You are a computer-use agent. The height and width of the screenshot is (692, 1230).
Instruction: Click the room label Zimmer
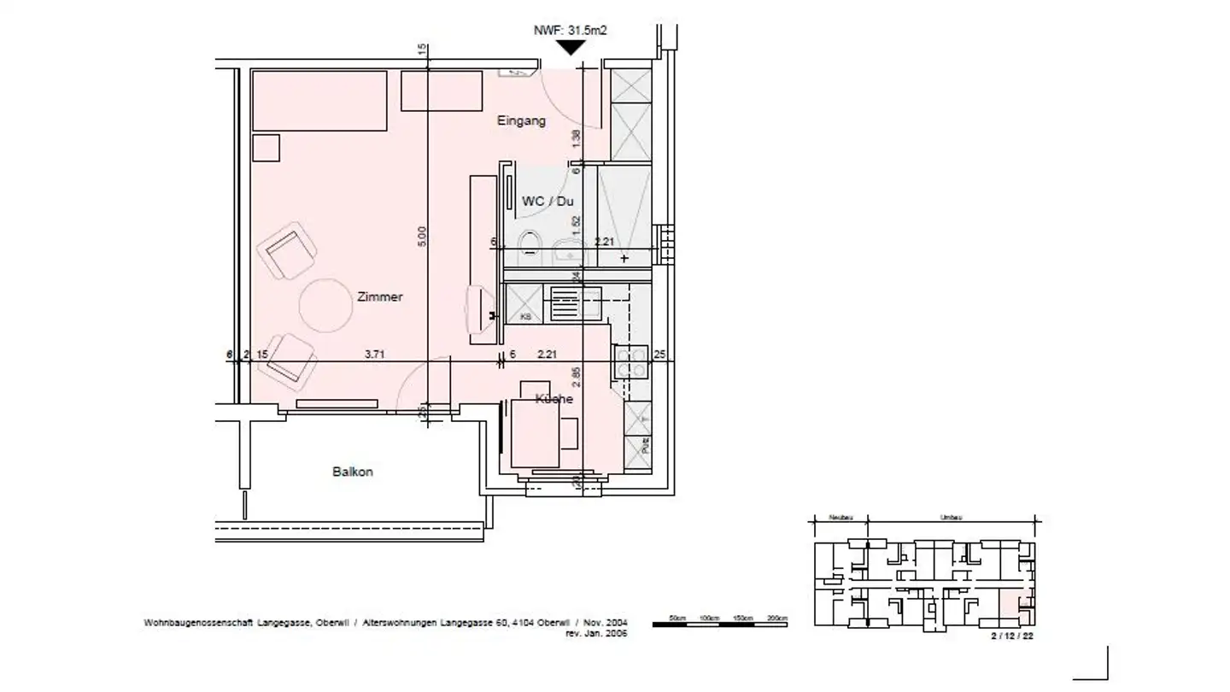381,297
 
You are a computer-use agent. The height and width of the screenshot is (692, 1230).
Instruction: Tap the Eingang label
521,121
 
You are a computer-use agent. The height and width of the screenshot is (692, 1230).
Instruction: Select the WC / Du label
548,201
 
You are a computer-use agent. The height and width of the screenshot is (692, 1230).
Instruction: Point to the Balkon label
353,472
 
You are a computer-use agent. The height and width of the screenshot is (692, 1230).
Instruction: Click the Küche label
553,399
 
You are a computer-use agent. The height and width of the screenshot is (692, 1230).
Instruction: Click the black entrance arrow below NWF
571,48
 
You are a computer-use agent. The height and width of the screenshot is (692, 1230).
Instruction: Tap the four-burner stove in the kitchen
631,362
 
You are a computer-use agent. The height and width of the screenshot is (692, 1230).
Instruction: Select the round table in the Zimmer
325,304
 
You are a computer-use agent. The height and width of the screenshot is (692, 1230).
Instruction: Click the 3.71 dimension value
374,354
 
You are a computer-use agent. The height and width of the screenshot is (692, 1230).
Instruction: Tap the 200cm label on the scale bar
776,617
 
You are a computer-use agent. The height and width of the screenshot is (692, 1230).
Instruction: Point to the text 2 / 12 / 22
1011,636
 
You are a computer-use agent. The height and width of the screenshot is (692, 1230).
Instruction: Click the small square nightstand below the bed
266,148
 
